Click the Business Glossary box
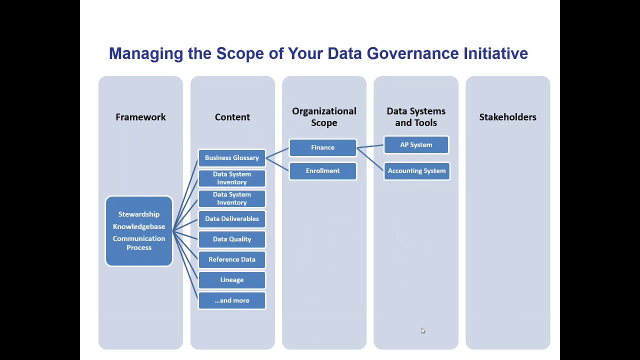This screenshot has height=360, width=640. coord(231,158)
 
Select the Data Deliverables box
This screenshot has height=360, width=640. coord(231,219)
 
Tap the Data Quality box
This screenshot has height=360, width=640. coord(231,239)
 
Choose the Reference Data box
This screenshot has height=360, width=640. coord(231,259)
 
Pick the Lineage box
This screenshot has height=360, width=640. coord(231,280)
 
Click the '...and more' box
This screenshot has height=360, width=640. coord(231,300)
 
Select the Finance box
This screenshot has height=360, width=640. coord(322,147)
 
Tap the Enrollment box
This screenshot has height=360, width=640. coord(322,171)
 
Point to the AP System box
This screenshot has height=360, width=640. coord(416,145)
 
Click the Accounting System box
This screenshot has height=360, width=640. coord(416,171)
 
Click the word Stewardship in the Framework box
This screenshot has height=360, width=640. coord(139,214)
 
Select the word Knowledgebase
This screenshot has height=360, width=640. coord(139,226)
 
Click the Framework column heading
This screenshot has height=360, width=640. coord(140,117)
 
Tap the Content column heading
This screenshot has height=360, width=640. coord(232,117)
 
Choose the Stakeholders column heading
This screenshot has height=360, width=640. coord(507,117)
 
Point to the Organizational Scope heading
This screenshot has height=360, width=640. coord(324,117)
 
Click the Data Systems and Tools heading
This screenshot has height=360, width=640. coord(416,117)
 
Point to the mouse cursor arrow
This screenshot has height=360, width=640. coord(423,330)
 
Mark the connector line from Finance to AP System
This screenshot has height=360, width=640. coord(370,146)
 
